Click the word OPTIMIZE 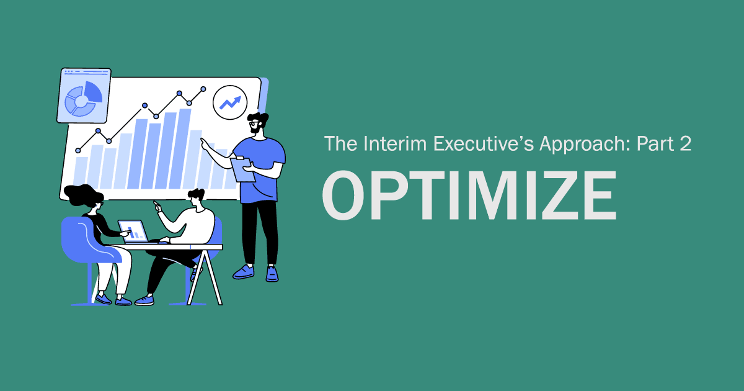coord(469,195)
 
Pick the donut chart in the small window coord(82,97)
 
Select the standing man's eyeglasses coord(254,124)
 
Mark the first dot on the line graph coord(78,150)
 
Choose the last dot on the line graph coord(203,89)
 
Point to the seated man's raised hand coord(157,206)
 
